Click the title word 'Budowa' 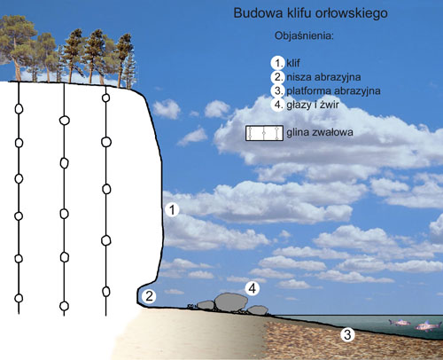coord(258,13)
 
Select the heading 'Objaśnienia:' coord(304,35)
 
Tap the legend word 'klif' coord(293,63)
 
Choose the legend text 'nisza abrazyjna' coord(323,77)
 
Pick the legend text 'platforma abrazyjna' coord(333,90)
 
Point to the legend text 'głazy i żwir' coord(313,105)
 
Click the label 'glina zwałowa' coord(320,132)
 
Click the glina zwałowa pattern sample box coord(264,133)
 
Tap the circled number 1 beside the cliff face coord(172,209)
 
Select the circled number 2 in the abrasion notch coord(149,296)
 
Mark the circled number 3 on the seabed coord(347,334)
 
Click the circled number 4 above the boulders coord(253,288)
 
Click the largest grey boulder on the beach coord(231,302)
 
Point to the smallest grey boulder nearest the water coord(258,310)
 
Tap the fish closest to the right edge coord(428,325)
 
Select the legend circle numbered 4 coord(277,105)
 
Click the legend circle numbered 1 coord(277,63)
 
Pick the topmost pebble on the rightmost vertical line coord(105,98)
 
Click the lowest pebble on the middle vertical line coord(64,306)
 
